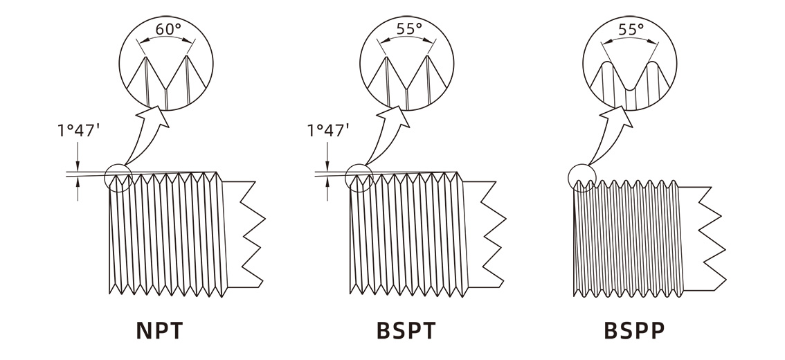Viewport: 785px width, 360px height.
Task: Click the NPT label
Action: pos(160,330)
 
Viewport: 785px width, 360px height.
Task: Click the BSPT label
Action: pos(406,330)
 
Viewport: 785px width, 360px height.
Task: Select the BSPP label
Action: pos(634,330)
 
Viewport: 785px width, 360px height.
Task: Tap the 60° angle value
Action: pos(168,29)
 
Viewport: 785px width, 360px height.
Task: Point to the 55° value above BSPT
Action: pos(409,29)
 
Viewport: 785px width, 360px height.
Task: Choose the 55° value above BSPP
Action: pos(631,30)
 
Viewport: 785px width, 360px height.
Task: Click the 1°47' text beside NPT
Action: pos(78,130)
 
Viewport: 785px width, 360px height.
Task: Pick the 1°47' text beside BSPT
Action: pos(328,130)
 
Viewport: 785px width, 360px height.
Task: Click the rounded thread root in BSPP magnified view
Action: pos(631,90)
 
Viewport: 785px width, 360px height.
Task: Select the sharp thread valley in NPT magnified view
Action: pos(165,89)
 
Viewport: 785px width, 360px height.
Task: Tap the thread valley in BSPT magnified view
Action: pos(407,89)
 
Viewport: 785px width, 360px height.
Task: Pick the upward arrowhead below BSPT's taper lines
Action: pos(327,182)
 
